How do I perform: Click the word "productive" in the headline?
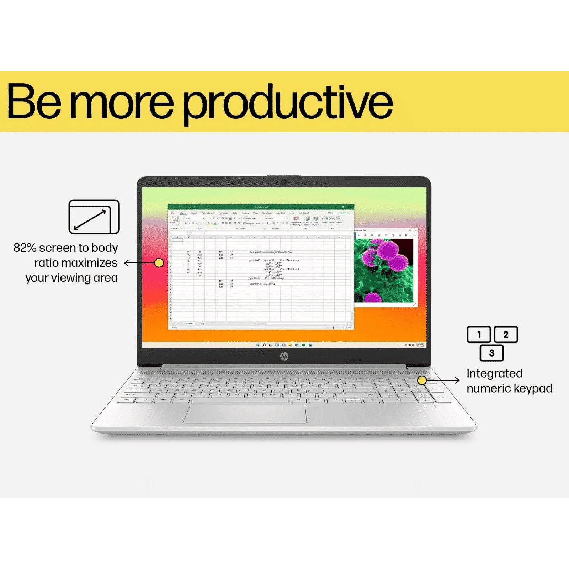[x=288, y=103]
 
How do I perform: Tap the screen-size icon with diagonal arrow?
[x=94, y=217]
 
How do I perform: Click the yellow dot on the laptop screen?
[x=159, y=263]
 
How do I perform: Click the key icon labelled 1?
[x=479, y=334]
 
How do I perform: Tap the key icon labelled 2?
[x=506, y=334]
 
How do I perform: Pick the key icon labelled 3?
[x=492, y=353]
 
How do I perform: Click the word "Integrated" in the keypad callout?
[x=494, y=373]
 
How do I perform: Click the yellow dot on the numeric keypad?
[x=422, y=380]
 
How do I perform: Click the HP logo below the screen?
[x=284, y=356]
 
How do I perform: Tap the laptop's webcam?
[x=284, y=182]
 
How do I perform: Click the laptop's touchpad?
[x=245, y=413]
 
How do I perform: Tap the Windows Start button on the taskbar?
[x=257, y=345]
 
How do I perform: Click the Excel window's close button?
[x=350, y=207]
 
